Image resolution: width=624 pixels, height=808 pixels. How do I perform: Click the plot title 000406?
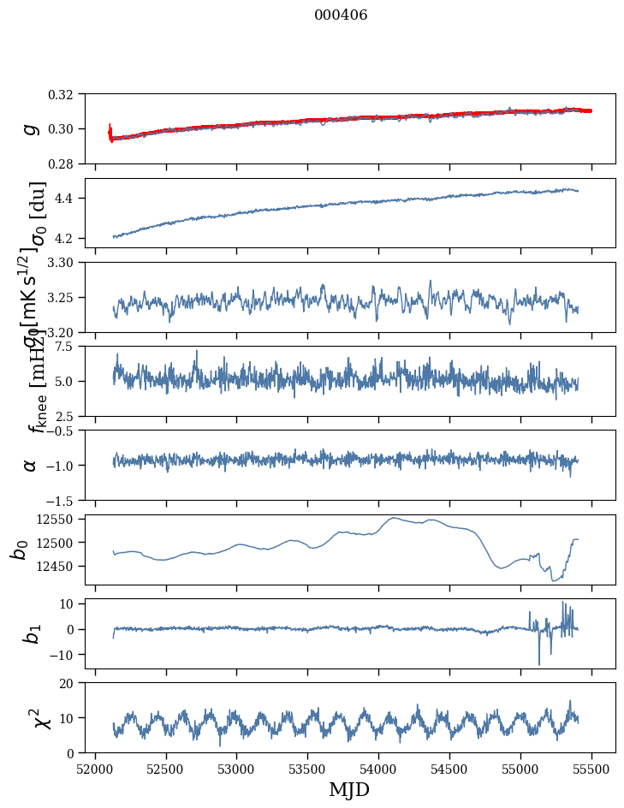[x=341, y=15]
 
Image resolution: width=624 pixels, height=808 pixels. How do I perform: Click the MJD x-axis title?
[x=349, y=790]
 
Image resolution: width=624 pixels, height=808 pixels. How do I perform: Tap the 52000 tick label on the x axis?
[x=95, y=767]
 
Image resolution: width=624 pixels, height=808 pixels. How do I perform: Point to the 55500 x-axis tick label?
[x=591, y=767]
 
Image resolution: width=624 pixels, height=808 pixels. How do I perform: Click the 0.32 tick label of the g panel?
[x=67, y=94]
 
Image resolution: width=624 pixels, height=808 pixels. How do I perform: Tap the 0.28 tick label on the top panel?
[x=67, y=163]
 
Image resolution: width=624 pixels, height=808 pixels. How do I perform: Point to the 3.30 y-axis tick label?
[x=67, y=262]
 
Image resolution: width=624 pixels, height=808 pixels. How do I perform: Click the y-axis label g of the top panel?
[x=31, y=129]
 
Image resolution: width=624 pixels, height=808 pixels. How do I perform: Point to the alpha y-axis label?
[x=31, y=465]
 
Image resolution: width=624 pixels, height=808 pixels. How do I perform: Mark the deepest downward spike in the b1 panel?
[x=539, y=665]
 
